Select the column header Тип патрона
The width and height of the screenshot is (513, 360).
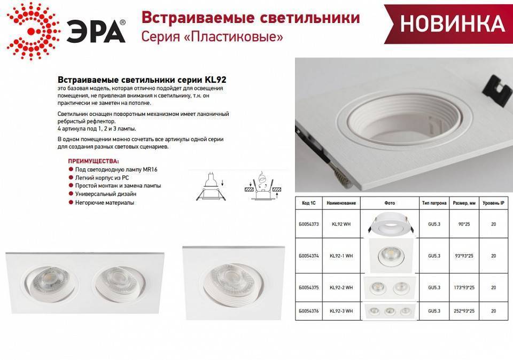point(434,204)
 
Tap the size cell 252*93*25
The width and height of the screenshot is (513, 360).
point(463,310)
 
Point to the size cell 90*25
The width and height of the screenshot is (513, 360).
point(463,225)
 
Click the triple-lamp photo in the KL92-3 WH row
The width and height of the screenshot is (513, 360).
point(388,310)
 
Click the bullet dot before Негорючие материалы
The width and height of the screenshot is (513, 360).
point(71,203)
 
